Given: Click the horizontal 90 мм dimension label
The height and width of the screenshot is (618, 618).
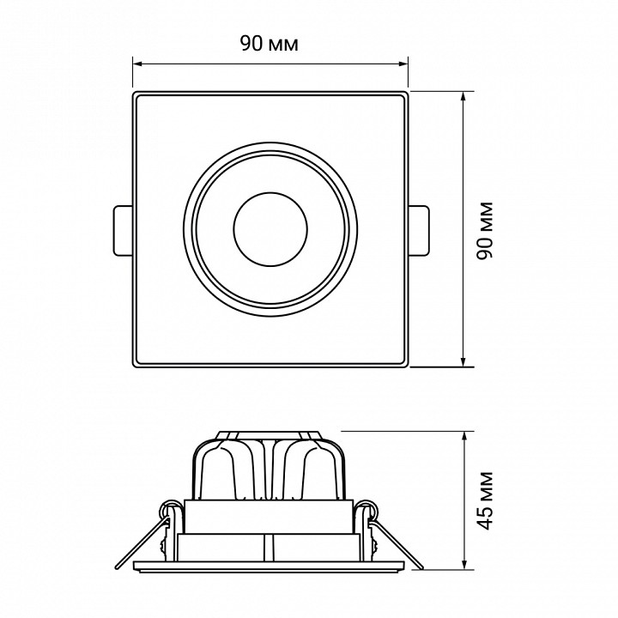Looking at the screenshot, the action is [270, 44].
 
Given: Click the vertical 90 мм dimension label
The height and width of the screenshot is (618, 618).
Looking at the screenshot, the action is [485, 231].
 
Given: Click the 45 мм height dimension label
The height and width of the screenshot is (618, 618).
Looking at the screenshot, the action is [485, 500].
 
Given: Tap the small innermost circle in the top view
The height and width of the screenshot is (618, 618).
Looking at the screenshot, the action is [270, 230].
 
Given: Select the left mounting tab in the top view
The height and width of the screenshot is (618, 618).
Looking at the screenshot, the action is [123, 231].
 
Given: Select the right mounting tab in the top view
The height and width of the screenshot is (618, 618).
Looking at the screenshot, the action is [419, 231].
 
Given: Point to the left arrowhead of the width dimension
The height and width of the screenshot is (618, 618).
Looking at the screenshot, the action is [137, 63].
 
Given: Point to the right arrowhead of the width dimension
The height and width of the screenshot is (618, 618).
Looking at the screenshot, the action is [403, 63].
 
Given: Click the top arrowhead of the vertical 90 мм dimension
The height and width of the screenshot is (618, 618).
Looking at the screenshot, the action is [463, 97].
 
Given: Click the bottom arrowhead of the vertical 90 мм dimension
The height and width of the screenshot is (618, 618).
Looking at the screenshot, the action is [463, 361].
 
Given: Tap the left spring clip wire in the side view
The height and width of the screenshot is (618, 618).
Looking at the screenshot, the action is [141, 544].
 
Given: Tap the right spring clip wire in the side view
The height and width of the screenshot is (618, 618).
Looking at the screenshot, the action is [397, 544].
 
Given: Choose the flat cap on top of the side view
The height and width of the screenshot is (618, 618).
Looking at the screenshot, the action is [270, 434].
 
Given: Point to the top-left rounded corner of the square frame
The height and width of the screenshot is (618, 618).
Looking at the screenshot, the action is [136, 94].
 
